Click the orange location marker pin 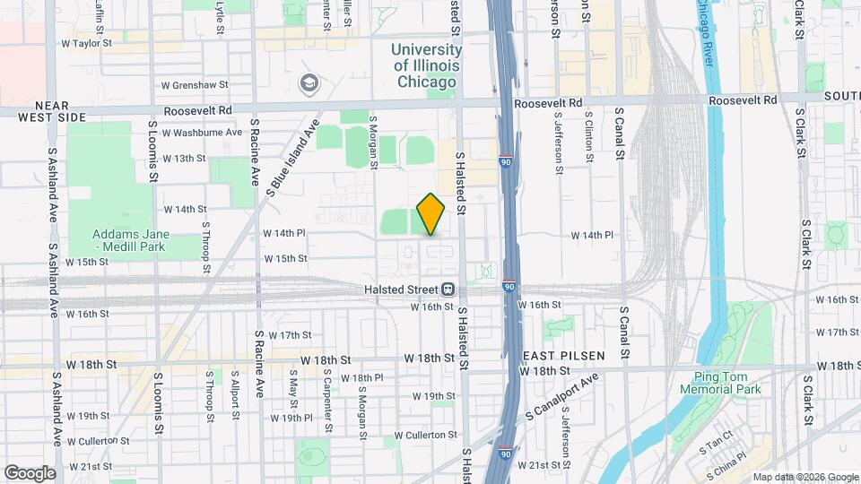click(x=431, y=213)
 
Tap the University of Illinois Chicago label click(x=426, y=65)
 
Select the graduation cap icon click(x=309, y=83)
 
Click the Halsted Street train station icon click(x=448, y=290)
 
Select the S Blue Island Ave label click(x=294, y=158)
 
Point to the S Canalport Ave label click(x=561, y=399)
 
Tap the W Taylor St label click(x=86, y=42)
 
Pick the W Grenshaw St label click(x=194, y=86)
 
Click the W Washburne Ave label click(x=202, y=132)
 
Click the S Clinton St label click(x=589, y=137)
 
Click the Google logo click(x=30, y=473)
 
